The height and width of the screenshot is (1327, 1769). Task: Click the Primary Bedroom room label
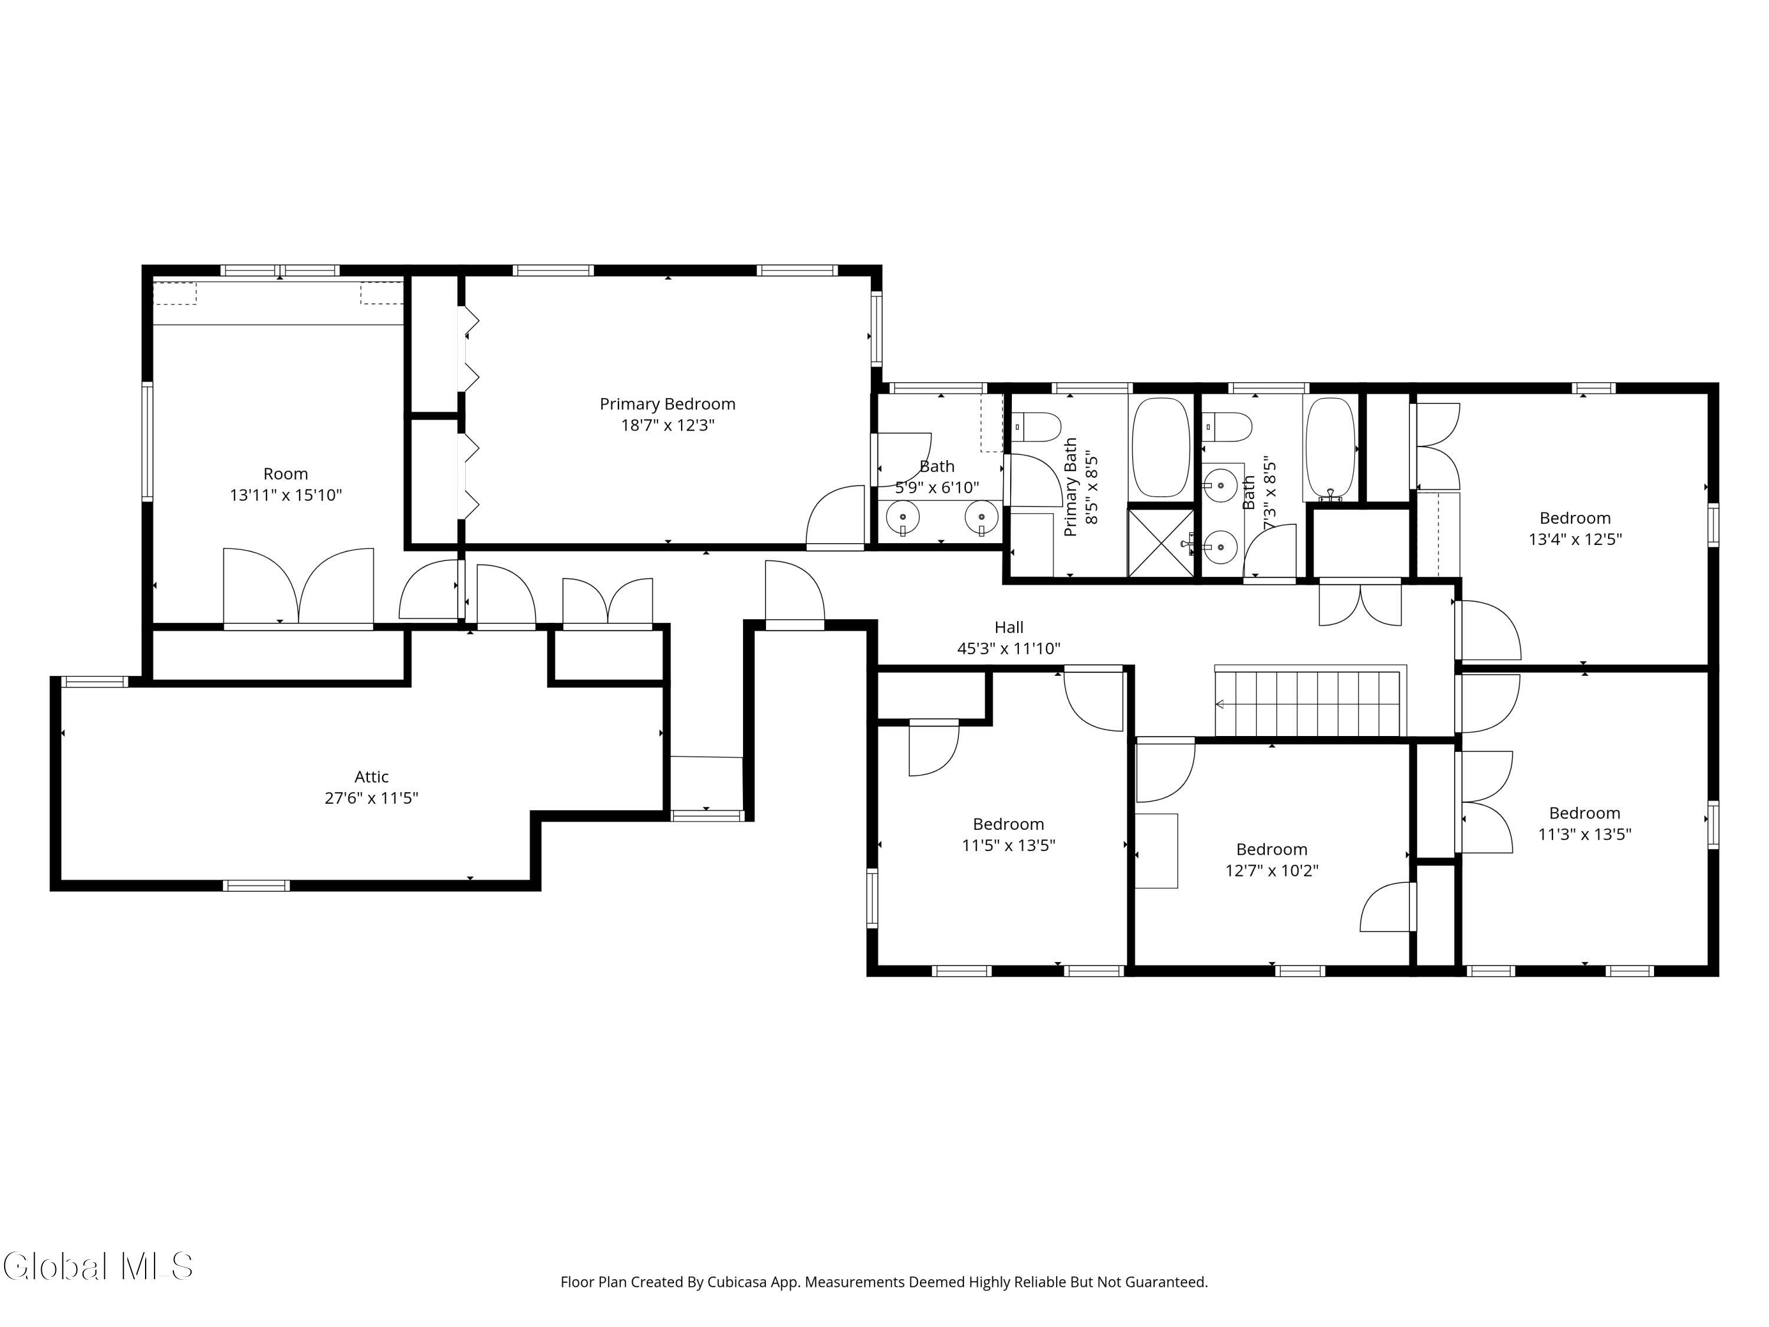(x=667, y=405)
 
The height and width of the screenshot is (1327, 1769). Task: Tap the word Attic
(x=372, y=777)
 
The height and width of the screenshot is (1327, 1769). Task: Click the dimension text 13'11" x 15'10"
(x=285, y=495)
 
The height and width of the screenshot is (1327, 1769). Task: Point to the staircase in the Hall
(x=1310, y=701)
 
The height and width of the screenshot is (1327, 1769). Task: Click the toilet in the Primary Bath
(x=1037, y=427)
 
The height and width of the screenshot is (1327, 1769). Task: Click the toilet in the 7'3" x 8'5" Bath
(x=1227, y=427)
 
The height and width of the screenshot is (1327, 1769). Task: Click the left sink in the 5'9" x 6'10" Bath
(x=903, y=517)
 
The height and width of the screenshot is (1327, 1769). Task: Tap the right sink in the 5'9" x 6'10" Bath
(x=981, y=517)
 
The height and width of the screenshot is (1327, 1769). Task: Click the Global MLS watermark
(x=97, y=1266)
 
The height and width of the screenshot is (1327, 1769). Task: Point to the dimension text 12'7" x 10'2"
(x=1271, y=871)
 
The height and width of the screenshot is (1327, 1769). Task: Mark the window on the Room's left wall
(x=147, y=442)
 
